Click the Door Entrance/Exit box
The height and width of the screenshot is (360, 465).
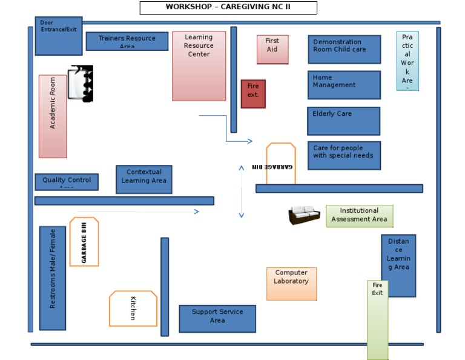click(x=58, y=36)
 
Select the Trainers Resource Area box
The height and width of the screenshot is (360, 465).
click(x=127, y=41)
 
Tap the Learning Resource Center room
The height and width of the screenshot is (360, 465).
click(x=199, y=66)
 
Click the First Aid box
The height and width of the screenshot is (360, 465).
click(x=272, y=49)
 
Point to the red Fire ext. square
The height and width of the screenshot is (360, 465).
click(x=253, y=94)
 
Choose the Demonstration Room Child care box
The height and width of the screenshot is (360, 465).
click(x=344, y=49)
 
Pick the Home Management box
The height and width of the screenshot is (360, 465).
click(x=344, y=85)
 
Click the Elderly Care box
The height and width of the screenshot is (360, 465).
click(x=343, y=121)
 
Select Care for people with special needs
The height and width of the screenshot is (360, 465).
click(x=344, y=156)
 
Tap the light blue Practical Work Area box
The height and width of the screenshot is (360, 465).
click(x=407, y=61)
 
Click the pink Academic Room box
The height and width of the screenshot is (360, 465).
click(x=53, y=116)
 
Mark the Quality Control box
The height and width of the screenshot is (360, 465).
click(x=67, y=182)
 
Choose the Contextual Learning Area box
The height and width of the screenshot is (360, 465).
click(x=143, y=179)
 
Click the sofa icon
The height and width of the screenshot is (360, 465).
click(x=305, y=215)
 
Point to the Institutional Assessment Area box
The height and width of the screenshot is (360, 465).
click(x=359, y=216)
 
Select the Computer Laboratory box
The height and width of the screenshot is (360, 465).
click(x=291, y=284)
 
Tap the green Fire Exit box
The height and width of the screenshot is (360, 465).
click(x=377, y=320)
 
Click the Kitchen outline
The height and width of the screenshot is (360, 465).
click(x=133, y=308)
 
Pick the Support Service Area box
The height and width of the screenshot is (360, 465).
click(x=217, y=319)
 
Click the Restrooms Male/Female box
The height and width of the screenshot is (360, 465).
click(x=53, y=278)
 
